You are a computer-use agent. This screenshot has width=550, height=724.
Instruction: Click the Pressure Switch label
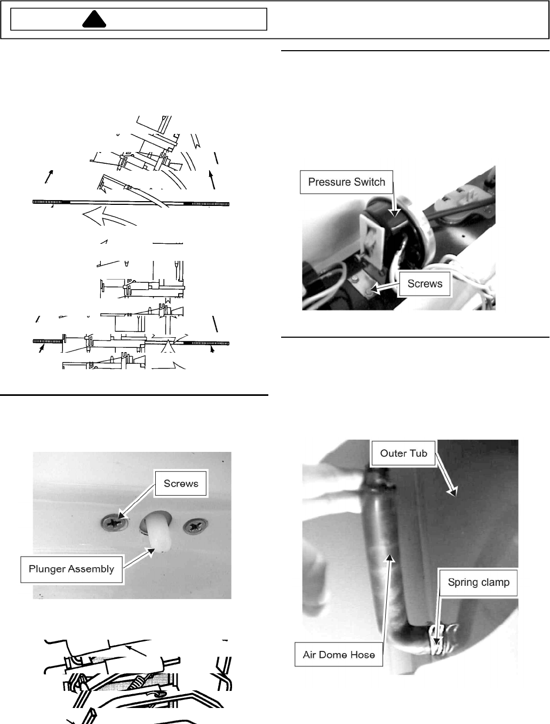pyautogui.click(x=346, y=182)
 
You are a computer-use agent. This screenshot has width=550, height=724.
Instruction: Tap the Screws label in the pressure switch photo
pyautogui.click(x=425, y=284)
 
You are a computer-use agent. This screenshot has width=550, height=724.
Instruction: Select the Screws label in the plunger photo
pyautogui.click(x=181, y=483)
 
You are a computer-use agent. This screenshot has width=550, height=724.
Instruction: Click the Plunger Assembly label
pyautogui.click(x=71, y=569)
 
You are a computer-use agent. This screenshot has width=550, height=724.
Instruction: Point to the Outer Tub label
pyautogui.click(x=403, y=453)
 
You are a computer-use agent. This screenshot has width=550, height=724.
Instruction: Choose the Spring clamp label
pyautogui.click(x=479, y=582)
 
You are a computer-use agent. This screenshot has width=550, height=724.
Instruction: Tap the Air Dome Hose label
pyautogui.click(x=339, y=655)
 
